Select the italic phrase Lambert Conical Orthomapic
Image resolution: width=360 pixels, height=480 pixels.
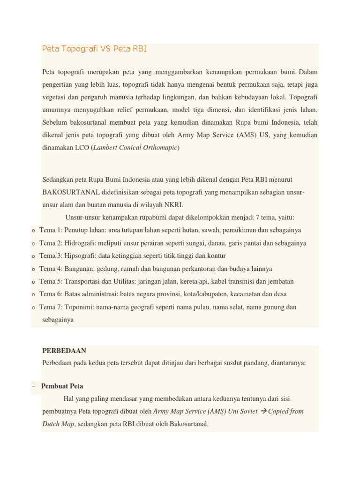(135, 148)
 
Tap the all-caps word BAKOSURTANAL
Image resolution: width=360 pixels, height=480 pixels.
(70, 192)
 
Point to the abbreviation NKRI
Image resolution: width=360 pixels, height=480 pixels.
(173, 205)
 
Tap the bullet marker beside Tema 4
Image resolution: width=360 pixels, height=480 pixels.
(34, 270)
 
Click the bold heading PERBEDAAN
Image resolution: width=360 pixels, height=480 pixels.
(64, 351)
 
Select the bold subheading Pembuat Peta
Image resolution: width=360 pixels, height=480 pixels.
(62, 386)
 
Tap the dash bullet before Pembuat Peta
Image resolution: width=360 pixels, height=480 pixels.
(34, 386)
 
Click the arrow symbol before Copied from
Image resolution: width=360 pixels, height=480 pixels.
(263, 412)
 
